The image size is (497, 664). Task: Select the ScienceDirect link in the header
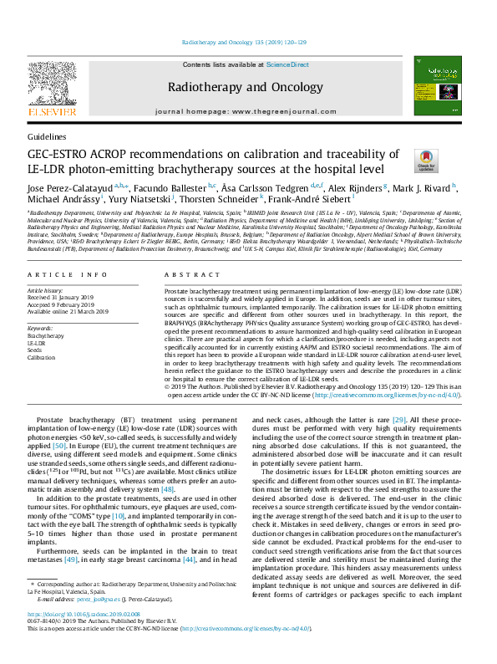point(287,64)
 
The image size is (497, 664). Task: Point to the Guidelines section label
point(47,135)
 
